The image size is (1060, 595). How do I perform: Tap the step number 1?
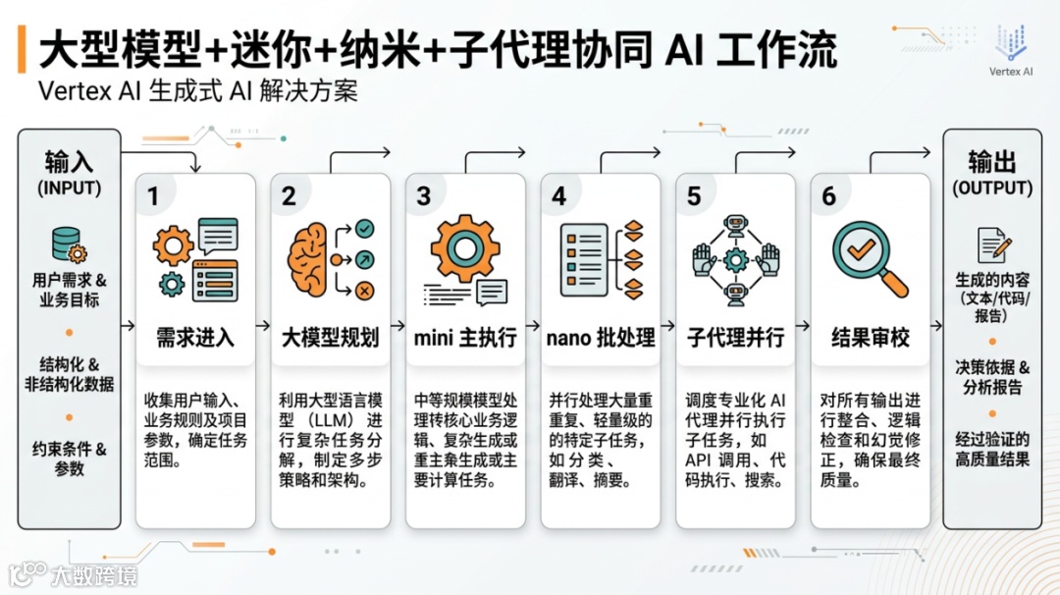coord(153,196)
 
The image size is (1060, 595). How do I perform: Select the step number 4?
coord(558,196)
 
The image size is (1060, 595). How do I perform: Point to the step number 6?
coord(829,196)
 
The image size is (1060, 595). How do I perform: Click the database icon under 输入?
coord(68,243)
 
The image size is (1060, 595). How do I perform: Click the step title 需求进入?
coord(195,338)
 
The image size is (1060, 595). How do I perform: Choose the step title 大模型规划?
coord(331,338)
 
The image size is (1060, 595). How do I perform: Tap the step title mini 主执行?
coord(465,338)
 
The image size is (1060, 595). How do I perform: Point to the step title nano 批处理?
coord(601,338)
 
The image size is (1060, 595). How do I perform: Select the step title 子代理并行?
coord(735,338)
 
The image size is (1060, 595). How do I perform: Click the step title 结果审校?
coord(871,338)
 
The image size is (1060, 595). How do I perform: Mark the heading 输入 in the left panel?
coord(69,162)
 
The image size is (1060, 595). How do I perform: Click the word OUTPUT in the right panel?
coord(992,188)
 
